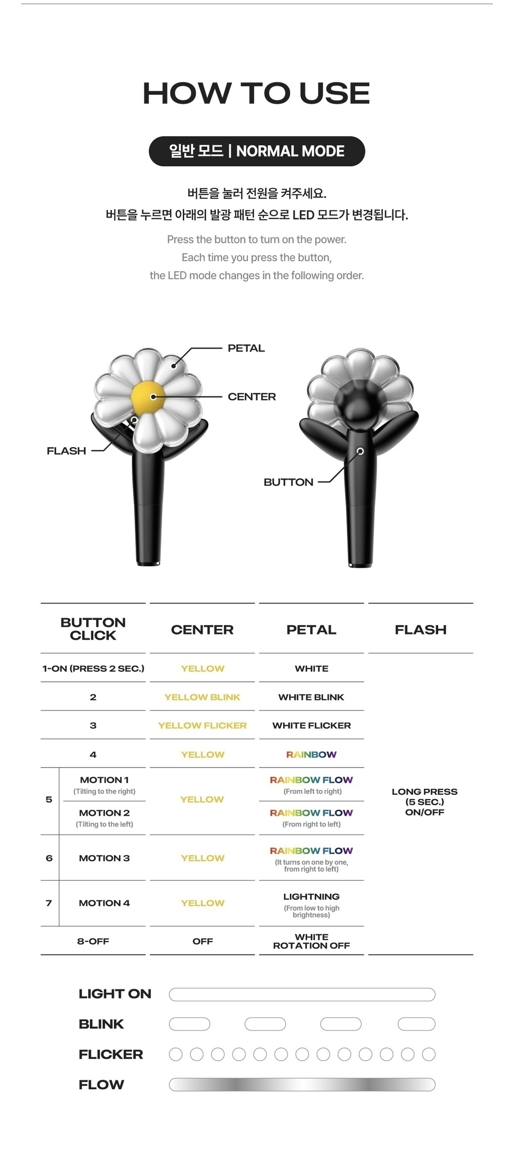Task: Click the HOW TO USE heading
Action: click(256, 93)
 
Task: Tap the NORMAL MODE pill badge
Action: click(256, 151)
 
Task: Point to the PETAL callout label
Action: click(246, 348)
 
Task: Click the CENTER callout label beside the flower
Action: click(251, 397)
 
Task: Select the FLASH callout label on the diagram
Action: click(66, 451)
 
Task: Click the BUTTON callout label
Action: click(288, 482)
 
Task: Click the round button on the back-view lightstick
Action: click(360, 451)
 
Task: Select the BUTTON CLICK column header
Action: click(93, 629)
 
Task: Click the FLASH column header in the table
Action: click(421, 630)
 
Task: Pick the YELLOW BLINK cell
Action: click(202, 697)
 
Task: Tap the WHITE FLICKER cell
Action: click(311, 725)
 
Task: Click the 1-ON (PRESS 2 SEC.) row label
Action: click(93, 669)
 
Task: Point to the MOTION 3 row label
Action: click(104, 858)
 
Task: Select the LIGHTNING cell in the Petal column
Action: click(311, 897)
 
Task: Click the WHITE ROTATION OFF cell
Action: click(311, 941)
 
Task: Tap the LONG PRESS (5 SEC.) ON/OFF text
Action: click(425, 802)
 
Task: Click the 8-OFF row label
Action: click(93, 941)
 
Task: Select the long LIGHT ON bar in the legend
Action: click(302, 994)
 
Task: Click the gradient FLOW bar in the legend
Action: click(302, 1085)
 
